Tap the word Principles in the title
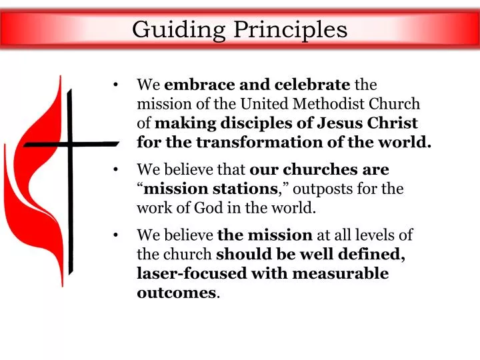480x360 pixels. point(290,29)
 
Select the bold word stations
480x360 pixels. point(249,189)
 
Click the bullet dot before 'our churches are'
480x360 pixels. point(117,170)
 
